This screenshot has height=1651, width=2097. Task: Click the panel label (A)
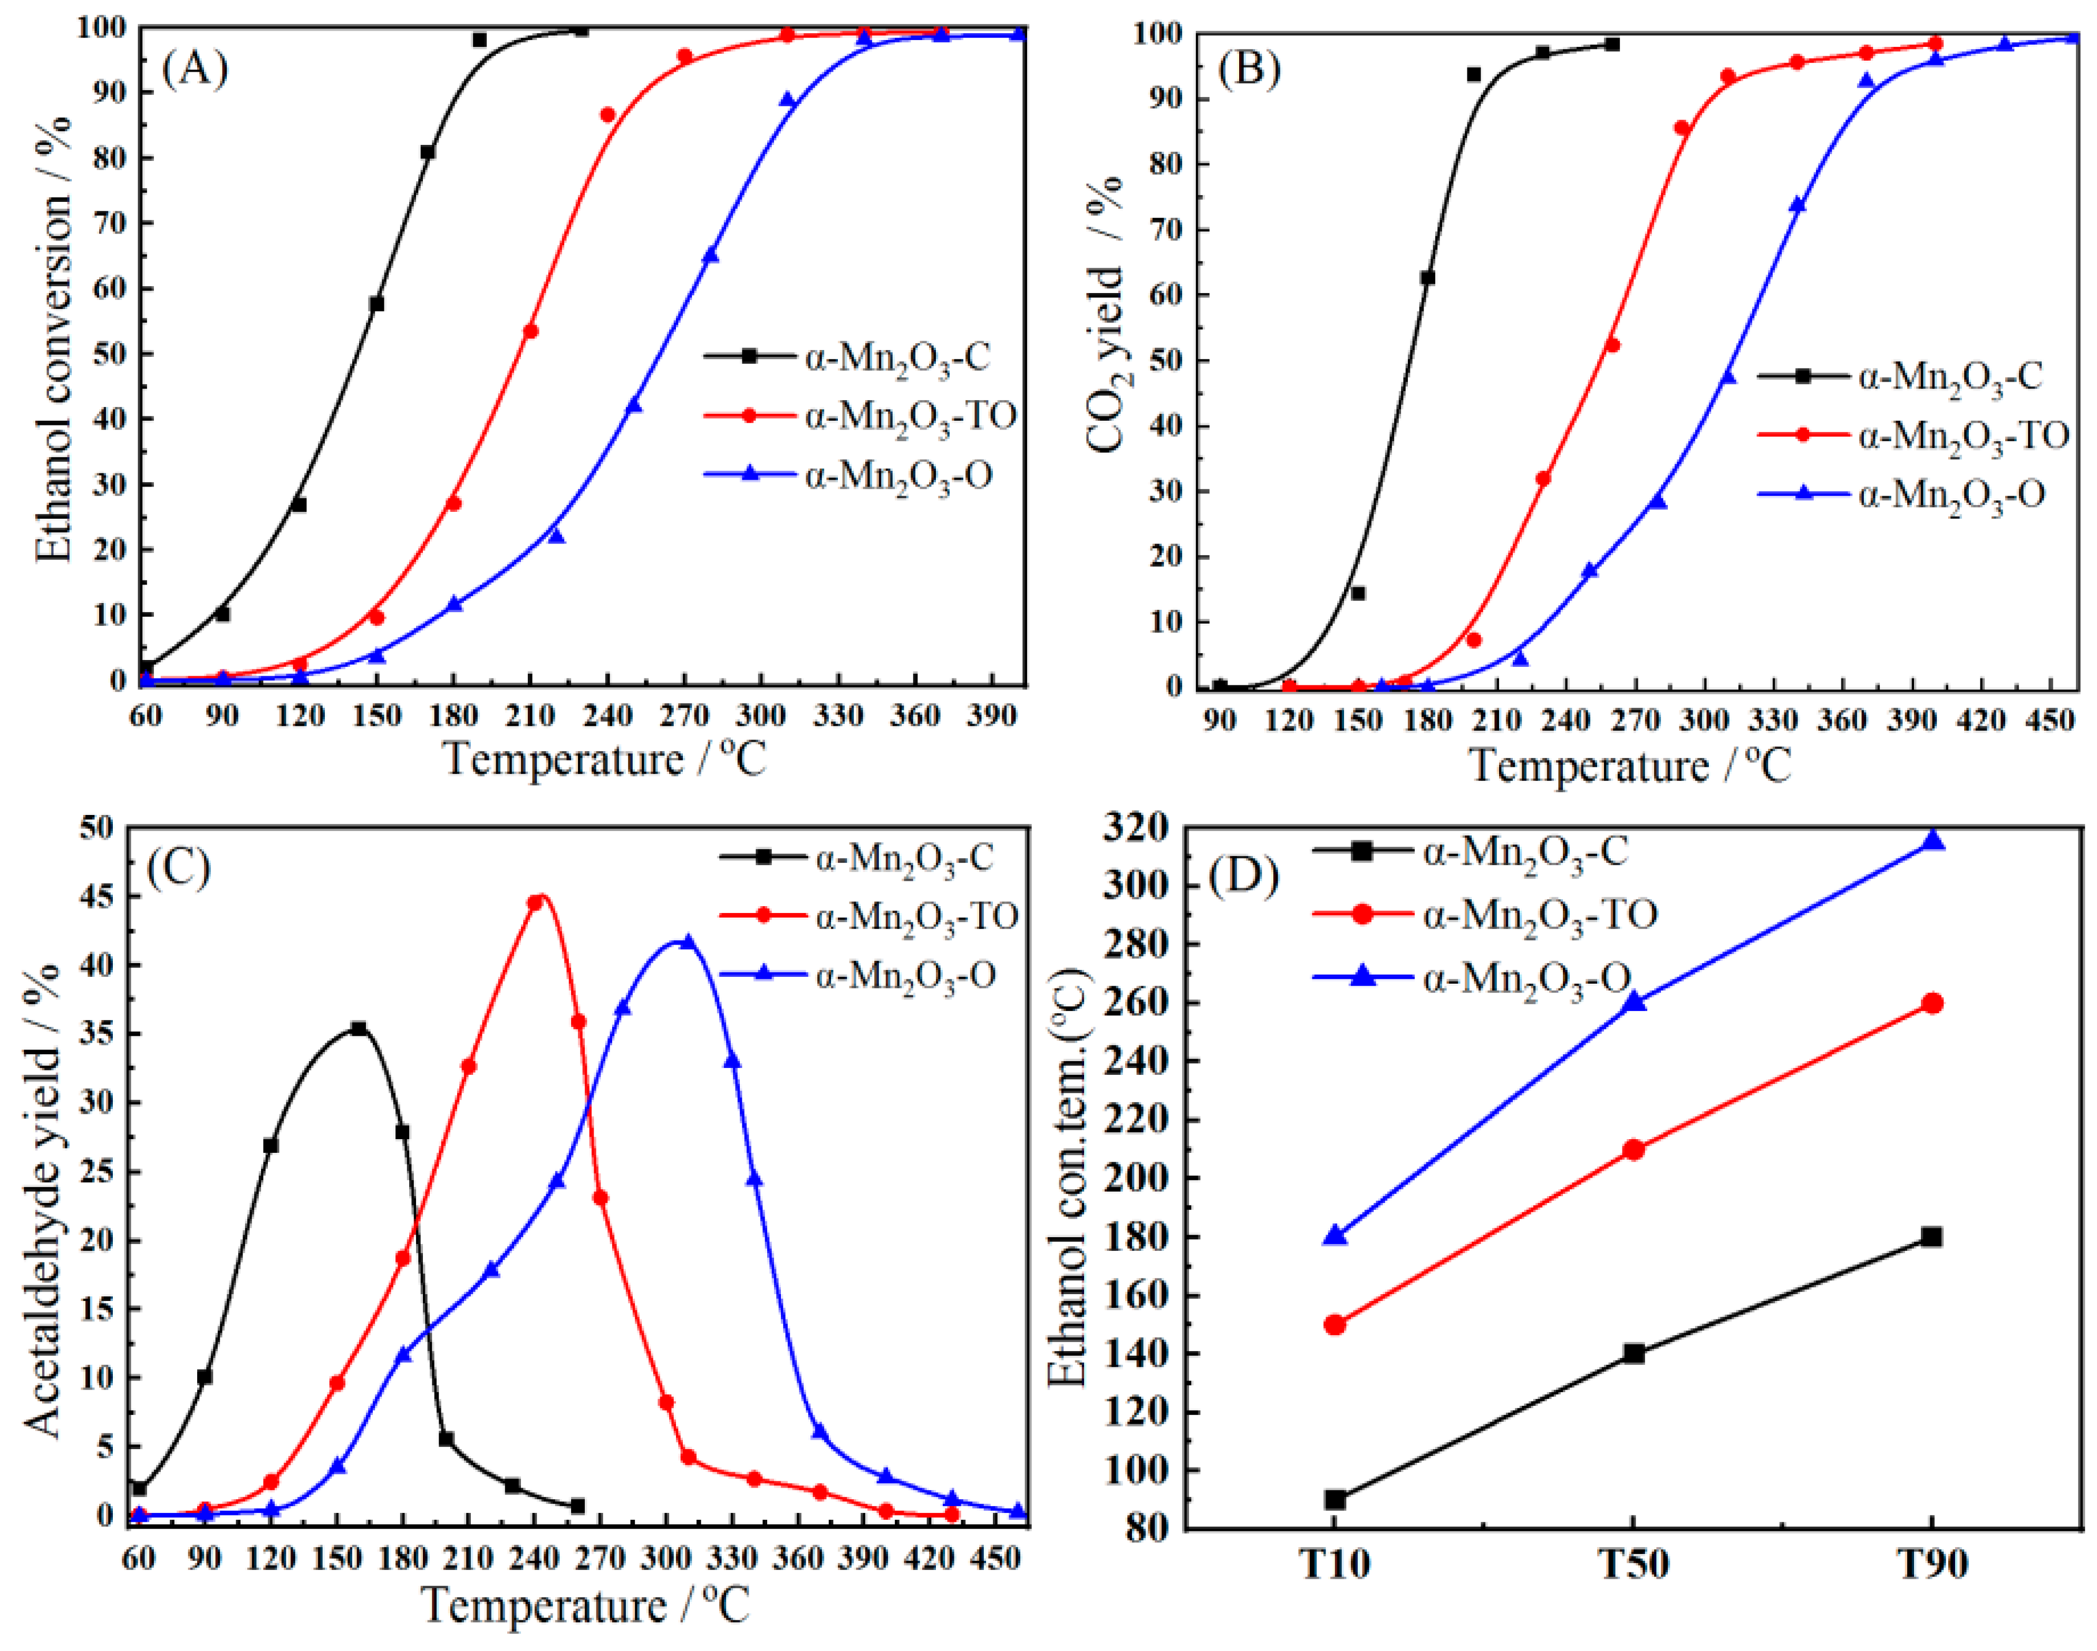click(x=195, y=69)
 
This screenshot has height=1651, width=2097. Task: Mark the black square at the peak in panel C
click(x=359, y=1028)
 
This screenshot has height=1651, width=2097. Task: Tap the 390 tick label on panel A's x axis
click(x=991, y=716)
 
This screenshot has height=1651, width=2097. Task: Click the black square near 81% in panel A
click(x=427, y=152)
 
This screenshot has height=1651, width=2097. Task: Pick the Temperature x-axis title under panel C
click(x=585, y=1607)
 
